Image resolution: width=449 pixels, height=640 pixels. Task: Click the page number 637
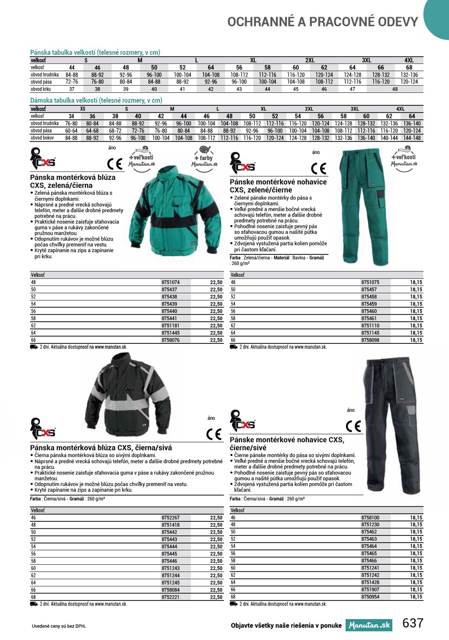click(x=413, y=623)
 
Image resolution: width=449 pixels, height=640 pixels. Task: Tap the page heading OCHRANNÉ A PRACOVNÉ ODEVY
click(x=322, y=22)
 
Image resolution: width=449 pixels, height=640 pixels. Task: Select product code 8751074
click(x=170, y=282)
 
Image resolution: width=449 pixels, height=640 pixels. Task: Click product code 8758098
click(x=370, y=340)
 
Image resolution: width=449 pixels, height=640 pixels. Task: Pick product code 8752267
click(x=170, y=518)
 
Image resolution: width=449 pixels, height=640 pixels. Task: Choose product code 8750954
click(x=370, y=597)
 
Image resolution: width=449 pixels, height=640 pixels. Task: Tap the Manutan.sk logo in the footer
click(x=369, y=625)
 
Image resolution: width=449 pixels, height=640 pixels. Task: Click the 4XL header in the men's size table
click(x=409, y=60)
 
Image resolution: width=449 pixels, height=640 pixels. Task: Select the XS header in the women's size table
click(x=82, y=109)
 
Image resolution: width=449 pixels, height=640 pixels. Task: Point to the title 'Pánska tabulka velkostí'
click(x=95, y=52)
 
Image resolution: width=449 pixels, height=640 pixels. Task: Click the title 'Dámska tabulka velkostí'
click(x=96, y=101)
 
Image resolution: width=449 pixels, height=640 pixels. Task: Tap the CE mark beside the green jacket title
click(x=115, y=164)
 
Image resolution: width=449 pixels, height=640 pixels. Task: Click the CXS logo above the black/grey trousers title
click(x=242, y=421)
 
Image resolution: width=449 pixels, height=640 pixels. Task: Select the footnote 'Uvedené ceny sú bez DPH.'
click(x=59, y=626)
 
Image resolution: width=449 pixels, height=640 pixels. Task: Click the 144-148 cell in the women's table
click(x=412, y=138)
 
